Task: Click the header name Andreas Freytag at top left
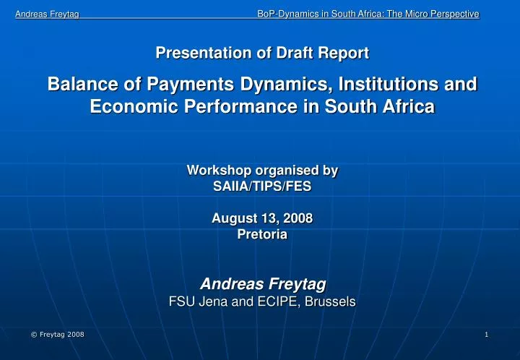(47, 14)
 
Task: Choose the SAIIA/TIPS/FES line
(262, 185)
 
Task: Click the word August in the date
(233, 218)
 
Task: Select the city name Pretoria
(262, 234)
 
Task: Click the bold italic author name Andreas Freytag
(262, 283)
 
